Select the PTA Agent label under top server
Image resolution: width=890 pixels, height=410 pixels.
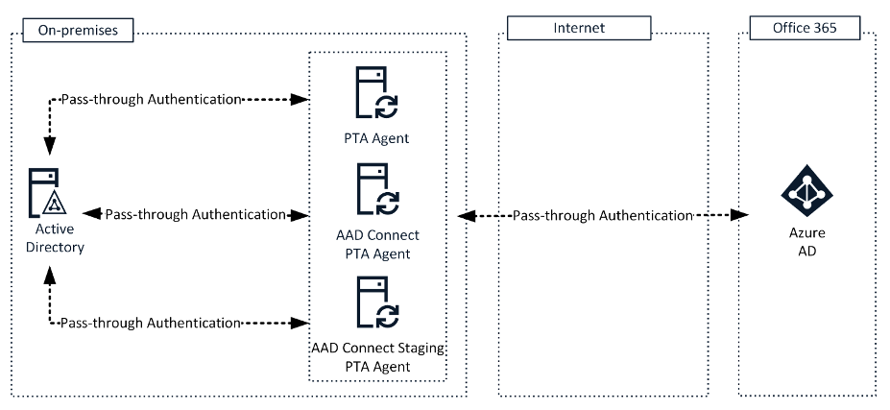[x=375, y=138]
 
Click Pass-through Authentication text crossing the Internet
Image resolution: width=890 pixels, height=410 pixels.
[x=602, y=215]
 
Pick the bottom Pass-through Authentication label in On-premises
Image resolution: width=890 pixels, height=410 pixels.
[x=149, y=324]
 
